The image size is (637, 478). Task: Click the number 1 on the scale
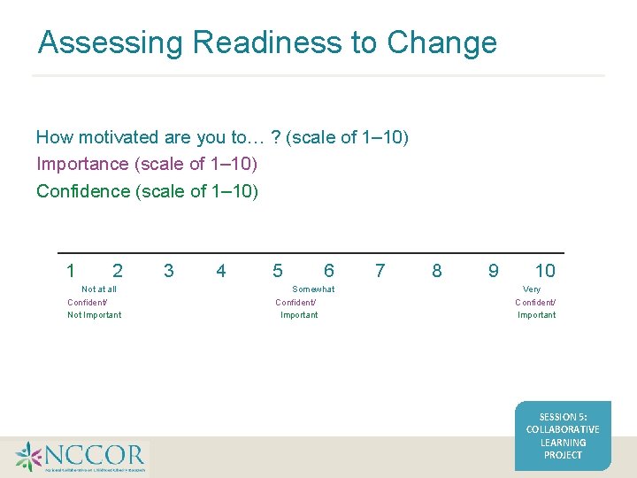click(71, 271)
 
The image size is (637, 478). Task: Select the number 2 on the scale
click(118, 271)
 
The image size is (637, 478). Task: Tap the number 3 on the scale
click(169, 271)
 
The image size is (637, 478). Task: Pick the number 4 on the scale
click(221, 271)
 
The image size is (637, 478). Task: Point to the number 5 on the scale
click(278, 271)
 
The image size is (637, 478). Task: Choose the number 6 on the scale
click(329, 271)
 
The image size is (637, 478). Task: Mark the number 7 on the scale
click(380, 271)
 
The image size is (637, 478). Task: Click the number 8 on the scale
click(436, 271)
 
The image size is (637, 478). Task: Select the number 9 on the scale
click(494, 271)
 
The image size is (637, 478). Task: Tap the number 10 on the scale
click(545, 271)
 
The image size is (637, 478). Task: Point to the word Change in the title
click(442, 42)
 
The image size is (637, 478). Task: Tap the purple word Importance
click(82, 164)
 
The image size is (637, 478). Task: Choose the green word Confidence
click(83, 191)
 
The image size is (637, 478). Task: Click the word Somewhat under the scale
click(313, 289)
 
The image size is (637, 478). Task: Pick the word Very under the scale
click(532, 289)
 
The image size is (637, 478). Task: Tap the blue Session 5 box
click(563, 436)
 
